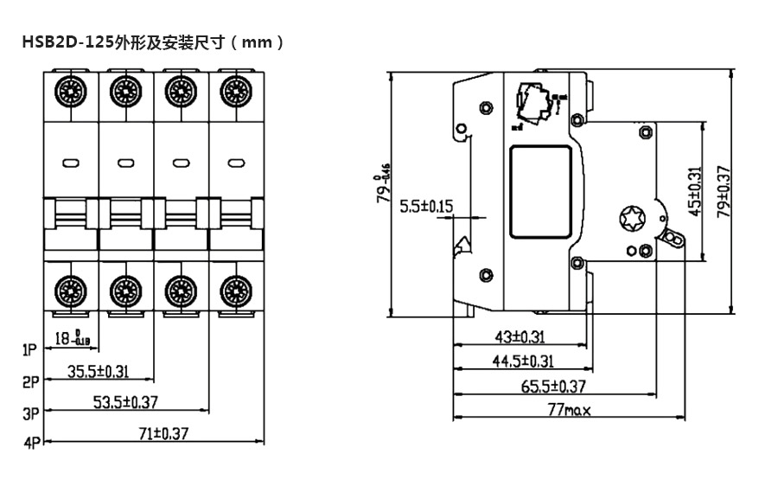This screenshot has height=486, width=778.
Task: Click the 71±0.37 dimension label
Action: click(163, 433)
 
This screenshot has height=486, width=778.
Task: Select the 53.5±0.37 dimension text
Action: click(125, 402)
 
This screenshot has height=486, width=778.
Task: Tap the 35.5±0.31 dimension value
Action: click(98, 372)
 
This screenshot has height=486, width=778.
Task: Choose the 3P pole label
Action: click(31, 412)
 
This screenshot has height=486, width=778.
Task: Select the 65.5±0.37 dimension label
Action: click(552, 387)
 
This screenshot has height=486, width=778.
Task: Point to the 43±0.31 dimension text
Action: click(519, 337)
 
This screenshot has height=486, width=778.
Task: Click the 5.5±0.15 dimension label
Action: click(427, 207)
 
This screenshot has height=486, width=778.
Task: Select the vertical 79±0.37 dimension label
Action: click(724, 190)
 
